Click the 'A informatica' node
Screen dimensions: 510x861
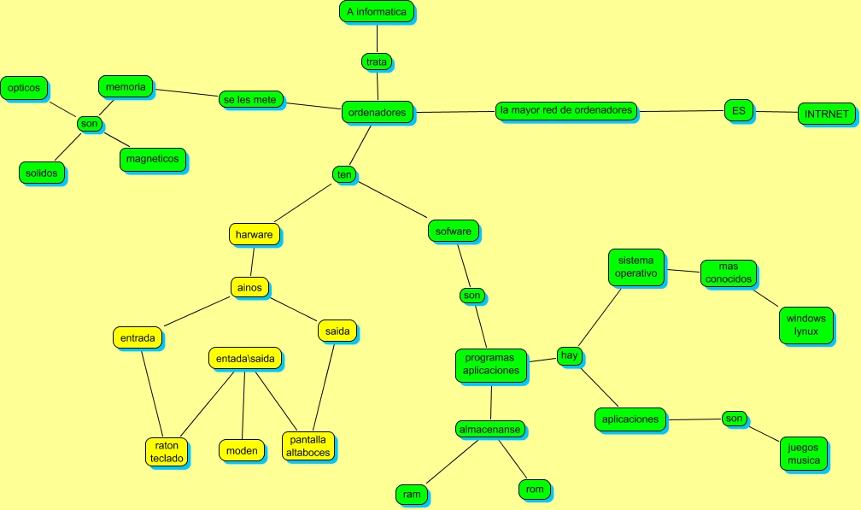377,12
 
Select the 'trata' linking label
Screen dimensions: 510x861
377,62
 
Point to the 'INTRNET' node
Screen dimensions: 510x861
827,114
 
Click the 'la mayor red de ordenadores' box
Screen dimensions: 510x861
566,110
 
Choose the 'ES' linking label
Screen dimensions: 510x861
738,109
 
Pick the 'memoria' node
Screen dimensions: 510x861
126,86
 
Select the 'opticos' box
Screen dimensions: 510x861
24,87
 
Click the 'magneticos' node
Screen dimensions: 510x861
152,159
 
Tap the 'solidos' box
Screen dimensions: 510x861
41,173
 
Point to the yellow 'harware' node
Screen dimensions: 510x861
254,233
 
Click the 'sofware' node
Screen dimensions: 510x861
453,231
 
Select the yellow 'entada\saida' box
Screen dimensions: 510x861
245,359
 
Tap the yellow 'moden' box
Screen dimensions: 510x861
242,450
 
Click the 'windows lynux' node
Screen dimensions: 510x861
806,325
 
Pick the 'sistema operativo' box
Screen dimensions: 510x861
636,267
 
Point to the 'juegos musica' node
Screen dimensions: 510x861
803,454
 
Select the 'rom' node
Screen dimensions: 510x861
535,489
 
